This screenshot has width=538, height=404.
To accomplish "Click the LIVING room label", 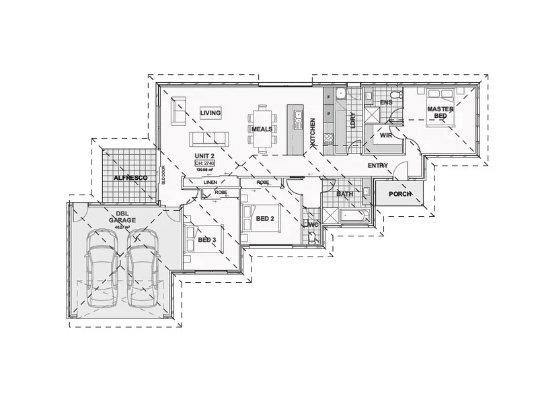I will coord(210,113).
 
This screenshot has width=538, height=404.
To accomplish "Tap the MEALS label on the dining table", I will coord(262,129).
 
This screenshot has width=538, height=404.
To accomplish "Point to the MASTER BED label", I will coord(438,112).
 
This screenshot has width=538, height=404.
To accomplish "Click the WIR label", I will coord(385,135).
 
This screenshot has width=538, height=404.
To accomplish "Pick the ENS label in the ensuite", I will coord(386,102).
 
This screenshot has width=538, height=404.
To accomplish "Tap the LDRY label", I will coord(352,121).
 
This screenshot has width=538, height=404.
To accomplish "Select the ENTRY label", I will coord(378,165).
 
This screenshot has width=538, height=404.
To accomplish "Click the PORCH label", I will coord(400,195).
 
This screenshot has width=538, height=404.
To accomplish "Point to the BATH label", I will coord(345,194).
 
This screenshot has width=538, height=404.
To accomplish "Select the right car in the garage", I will coord(142,266).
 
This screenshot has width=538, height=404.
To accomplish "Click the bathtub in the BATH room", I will coord(353,217).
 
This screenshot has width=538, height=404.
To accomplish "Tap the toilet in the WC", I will coord(313,235).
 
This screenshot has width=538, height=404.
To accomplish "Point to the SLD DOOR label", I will coord(163,175).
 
